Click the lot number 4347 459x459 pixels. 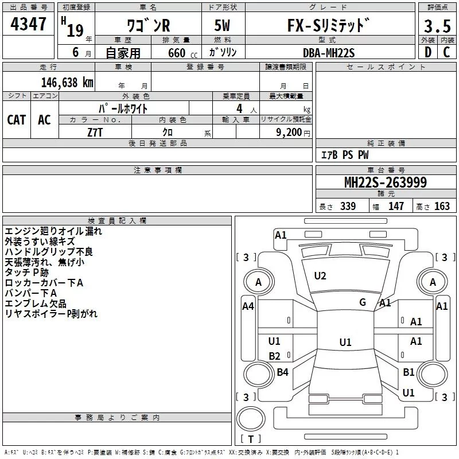tap(28, 24)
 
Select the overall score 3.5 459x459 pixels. tap(437, 26)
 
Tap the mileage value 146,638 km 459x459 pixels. tap(67, 83)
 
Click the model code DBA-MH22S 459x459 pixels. tap(329, 53)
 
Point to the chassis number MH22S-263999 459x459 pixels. tap(386, 182)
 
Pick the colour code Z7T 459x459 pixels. tap(95, 133)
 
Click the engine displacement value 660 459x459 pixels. tap(177, 53)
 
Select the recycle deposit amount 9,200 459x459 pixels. tap(289, 133)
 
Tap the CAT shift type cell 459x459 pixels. tap(17, 120)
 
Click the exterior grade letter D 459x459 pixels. tap(428, 52)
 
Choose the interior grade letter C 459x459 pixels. tap(446, 52)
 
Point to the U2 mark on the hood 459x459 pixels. tap(320, 276)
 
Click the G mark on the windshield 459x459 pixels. tap(363, 302)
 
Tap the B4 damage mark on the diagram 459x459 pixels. tap(282, 372)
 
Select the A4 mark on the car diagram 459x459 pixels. tap(248, 306)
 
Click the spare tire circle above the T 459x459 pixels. tap(251, 419)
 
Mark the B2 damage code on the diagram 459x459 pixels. tap(274, 356)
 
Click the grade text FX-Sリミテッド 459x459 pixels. tap(328, 25)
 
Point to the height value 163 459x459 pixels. tap(442, 206)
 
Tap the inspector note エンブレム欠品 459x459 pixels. tap(36, 304)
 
